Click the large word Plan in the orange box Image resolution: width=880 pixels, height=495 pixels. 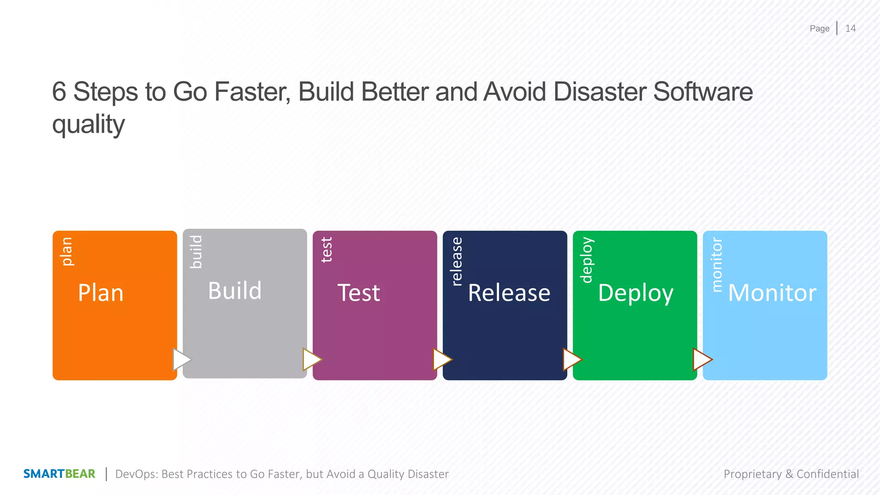point(101,293)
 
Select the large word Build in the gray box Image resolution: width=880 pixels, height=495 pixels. point(235,291)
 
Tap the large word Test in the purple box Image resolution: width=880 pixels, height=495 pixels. point(359,293)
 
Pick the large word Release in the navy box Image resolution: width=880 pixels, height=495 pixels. point(509,293)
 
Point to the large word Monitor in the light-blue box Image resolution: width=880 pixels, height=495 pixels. point(772,293)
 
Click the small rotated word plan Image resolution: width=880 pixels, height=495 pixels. point(67,251)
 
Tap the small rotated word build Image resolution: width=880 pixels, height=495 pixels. point(196,252)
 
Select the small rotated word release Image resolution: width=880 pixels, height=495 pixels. point(457,261)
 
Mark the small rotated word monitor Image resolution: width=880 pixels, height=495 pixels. point(717,265)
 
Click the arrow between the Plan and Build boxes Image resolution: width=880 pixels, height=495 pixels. point(181,359)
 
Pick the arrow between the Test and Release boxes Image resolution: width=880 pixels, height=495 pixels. point(442,359)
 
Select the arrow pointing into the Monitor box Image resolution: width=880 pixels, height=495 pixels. point(702,359)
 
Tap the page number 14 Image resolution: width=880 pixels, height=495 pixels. point(850,28)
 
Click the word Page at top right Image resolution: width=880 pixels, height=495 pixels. point(819,29)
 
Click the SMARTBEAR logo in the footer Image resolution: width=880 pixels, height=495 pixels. point(59,474)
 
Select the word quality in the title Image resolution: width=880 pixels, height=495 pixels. point(89,125)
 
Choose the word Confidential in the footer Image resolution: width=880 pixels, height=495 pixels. point(828,474)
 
